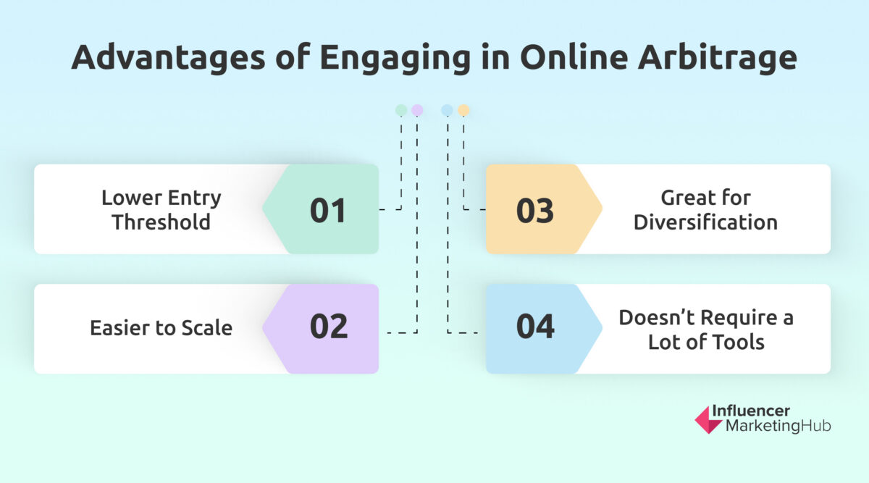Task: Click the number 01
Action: tap(329, 210)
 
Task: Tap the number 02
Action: tap(329, 327)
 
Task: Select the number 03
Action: tap(535, 210)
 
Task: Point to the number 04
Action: tap(535, 327)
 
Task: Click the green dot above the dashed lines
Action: tap(400, 110)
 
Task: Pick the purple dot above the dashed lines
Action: tap(417, 110)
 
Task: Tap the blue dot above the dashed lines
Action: tap(447, 110)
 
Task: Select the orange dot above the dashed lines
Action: tap(463, 110)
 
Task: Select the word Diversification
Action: tap(705, 222)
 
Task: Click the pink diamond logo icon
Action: tap(707, 419)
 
